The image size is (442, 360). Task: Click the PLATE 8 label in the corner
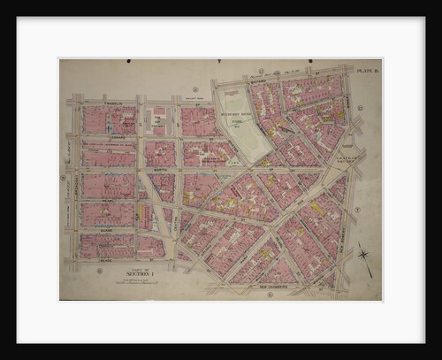[366, 68]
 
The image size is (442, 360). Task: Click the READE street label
[106, 261]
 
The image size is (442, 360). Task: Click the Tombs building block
[159, 120]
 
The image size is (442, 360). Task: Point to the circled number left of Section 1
[99, 271]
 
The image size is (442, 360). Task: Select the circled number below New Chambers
[267, 295]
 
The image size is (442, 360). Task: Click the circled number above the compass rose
[357, 210]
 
